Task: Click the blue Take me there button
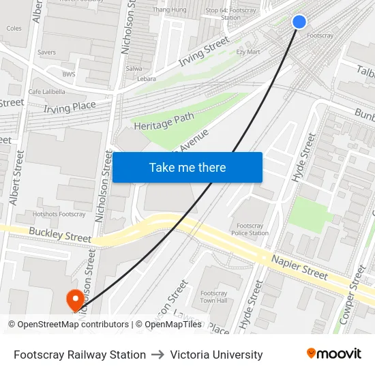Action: tap(187, 167)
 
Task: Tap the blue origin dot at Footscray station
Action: tap(299, 22)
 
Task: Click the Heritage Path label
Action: tap(164, 121)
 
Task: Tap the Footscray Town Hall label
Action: tap(214, 297)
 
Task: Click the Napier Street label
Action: tap(299, 265)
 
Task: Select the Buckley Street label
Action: tap(60, 235)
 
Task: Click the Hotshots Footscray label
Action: tap(59, 214)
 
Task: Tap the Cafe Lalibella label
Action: tap(47, 91)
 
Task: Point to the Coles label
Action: tap(14, 29)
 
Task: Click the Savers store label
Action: tap(47, 52)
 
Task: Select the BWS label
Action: tap(69, 74)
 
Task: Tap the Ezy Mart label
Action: tap(248, 52)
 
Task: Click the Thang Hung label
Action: tap(170, 10)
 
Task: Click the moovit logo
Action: tap(334, 354)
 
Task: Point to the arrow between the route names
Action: tap(158, 355)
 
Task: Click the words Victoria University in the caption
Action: tap(216, 355)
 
